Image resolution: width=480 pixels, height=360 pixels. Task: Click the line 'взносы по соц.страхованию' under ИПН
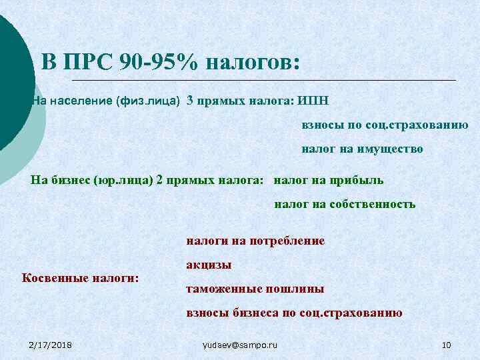coord(385,125)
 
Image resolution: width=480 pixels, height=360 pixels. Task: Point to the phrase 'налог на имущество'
coord(362,149)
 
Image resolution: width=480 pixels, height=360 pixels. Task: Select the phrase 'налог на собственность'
coord(345,204)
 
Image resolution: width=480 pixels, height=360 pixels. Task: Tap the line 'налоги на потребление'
coord(255,241)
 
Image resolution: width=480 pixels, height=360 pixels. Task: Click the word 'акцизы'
coord(209,265)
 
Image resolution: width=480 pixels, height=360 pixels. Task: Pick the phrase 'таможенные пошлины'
coord(255,289)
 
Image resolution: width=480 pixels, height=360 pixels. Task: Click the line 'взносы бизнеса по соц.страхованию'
coord(294,313)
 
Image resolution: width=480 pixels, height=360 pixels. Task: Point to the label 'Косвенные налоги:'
coord(81,277)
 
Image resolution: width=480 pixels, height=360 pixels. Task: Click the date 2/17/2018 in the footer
coord(51,345)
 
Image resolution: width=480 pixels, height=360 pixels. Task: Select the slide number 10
coord(447,345)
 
